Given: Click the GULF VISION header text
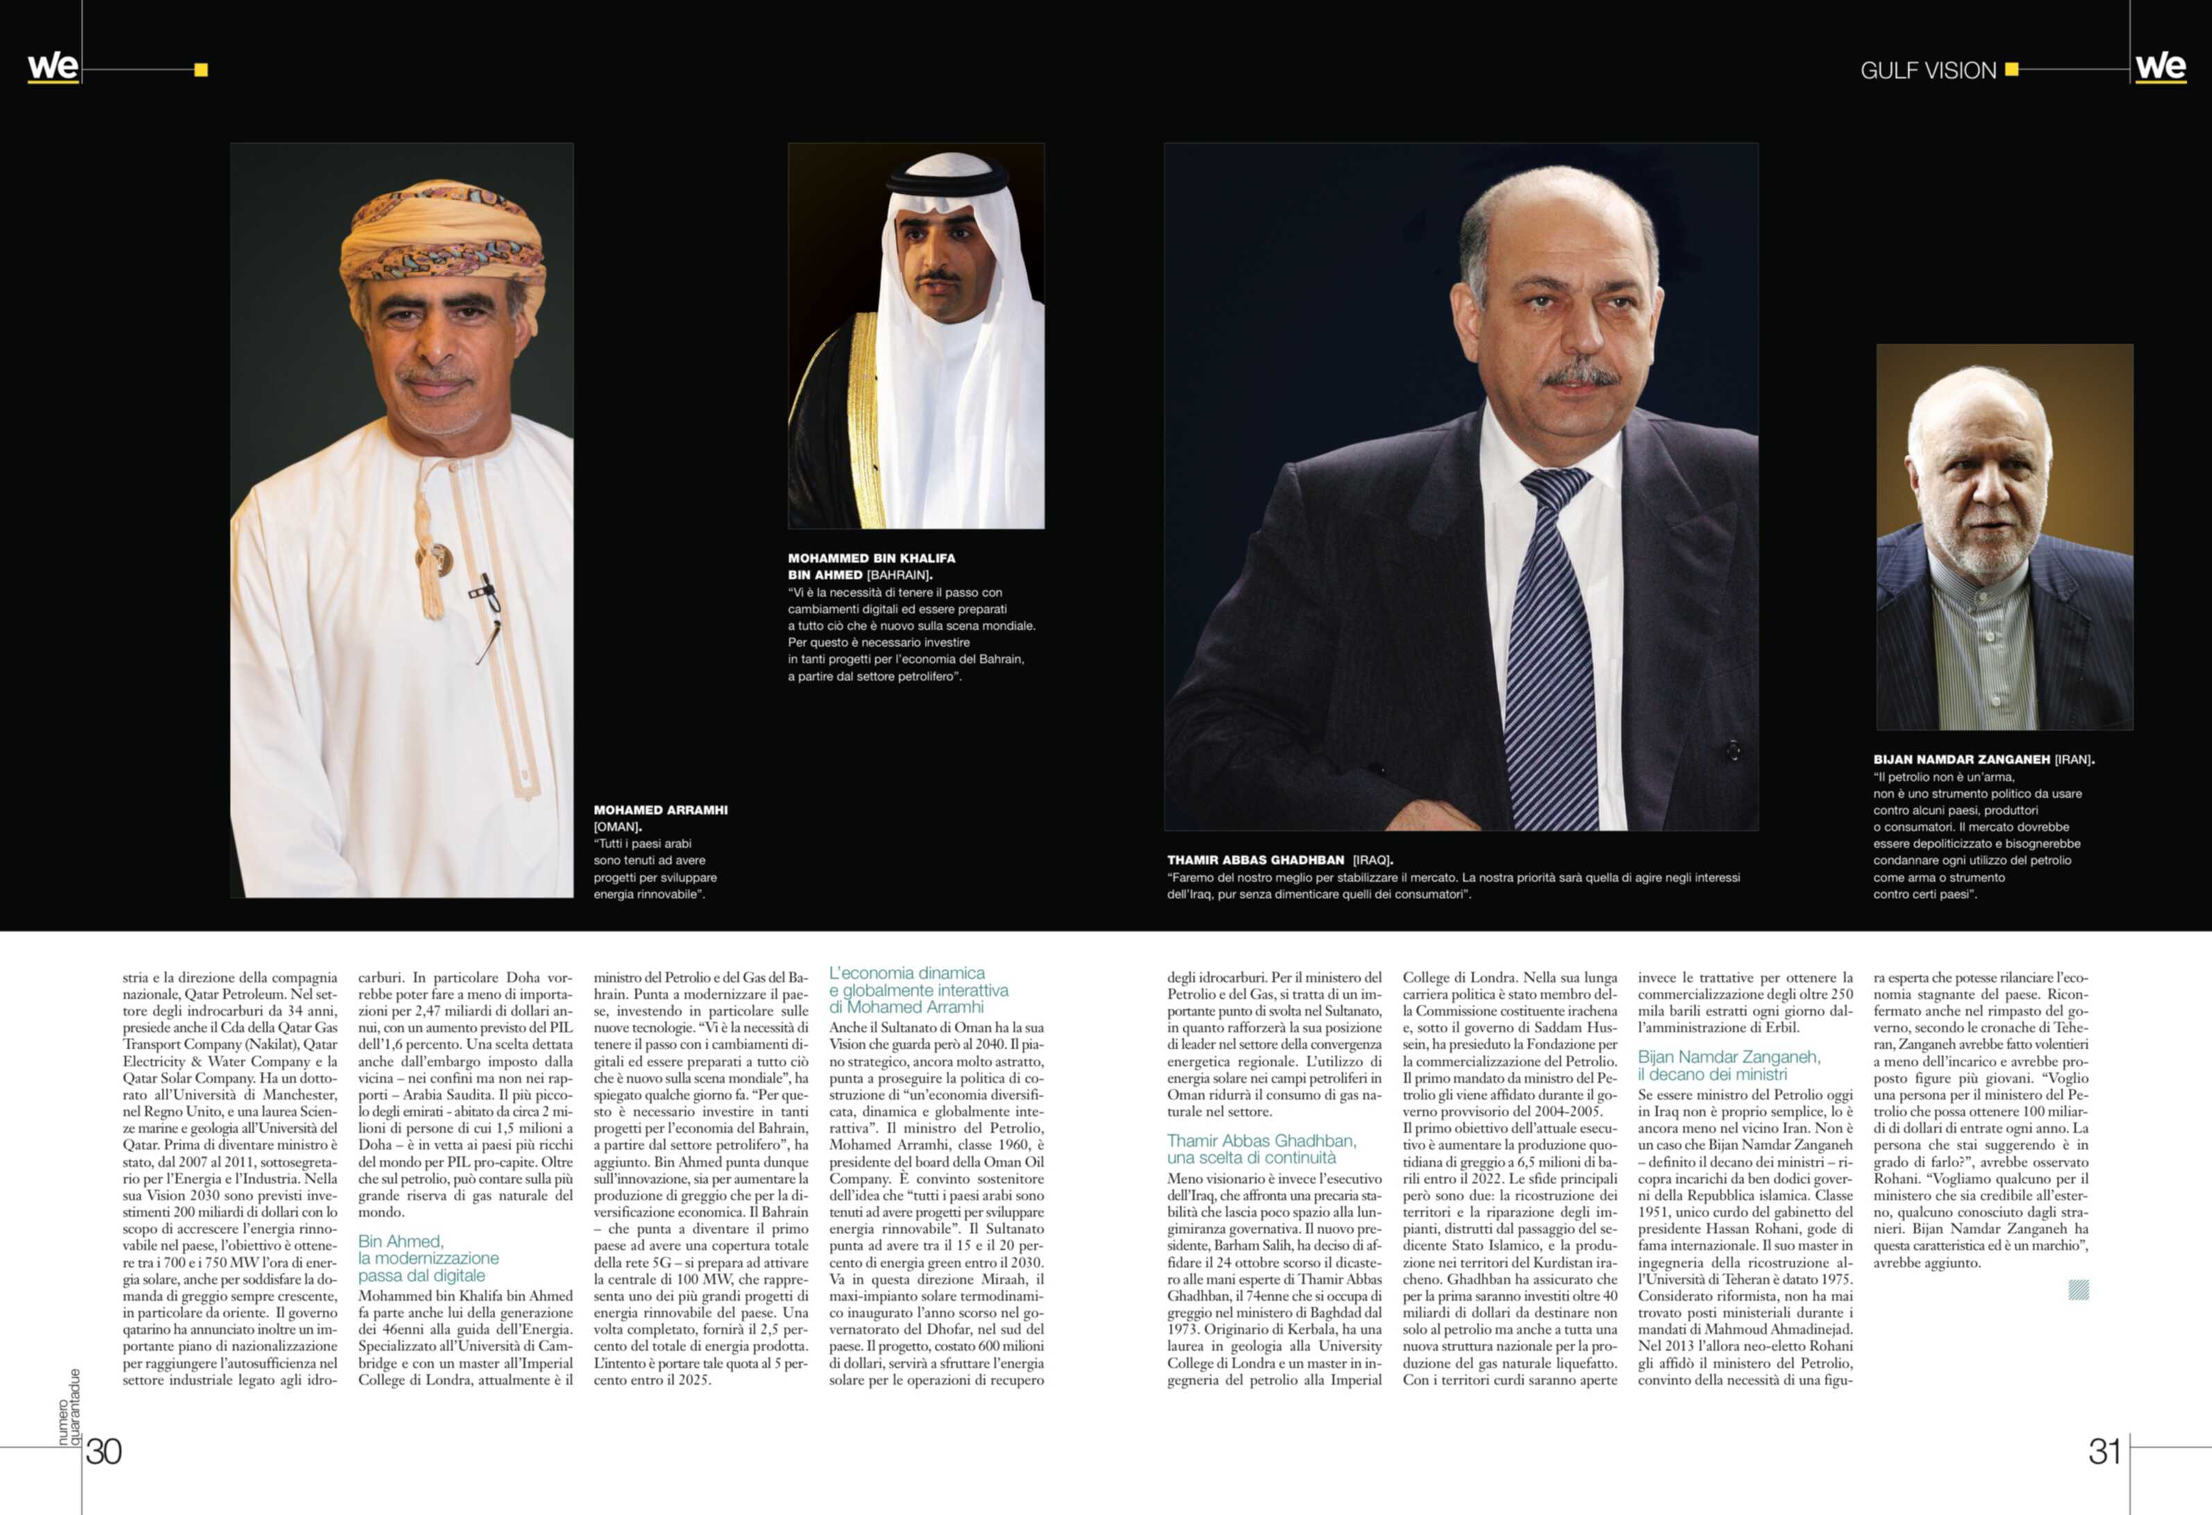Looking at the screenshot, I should [1928, 71].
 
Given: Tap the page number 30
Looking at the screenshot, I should [104, 1451].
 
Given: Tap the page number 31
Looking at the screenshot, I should [2104, 1451].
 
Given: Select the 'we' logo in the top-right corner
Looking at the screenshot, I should [2160, 67].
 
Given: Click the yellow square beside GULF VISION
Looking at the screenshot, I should [2011, 69].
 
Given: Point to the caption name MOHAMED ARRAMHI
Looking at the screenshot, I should [661, 810].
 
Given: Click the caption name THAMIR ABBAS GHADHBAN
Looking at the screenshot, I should [1255, 859].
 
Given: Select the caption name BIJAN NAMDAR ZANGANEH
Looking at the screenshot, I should [1962, 760].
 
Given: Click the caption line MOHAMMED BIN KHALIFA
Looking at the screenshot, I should [871, 558].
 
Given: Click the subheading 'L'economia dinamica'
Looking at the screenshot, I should [906, 973].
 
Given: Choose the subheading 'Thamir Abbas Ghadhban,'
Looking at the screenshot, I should [1261, 1140].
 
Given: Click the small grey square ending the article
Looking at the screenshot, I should [2079, 1290].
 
